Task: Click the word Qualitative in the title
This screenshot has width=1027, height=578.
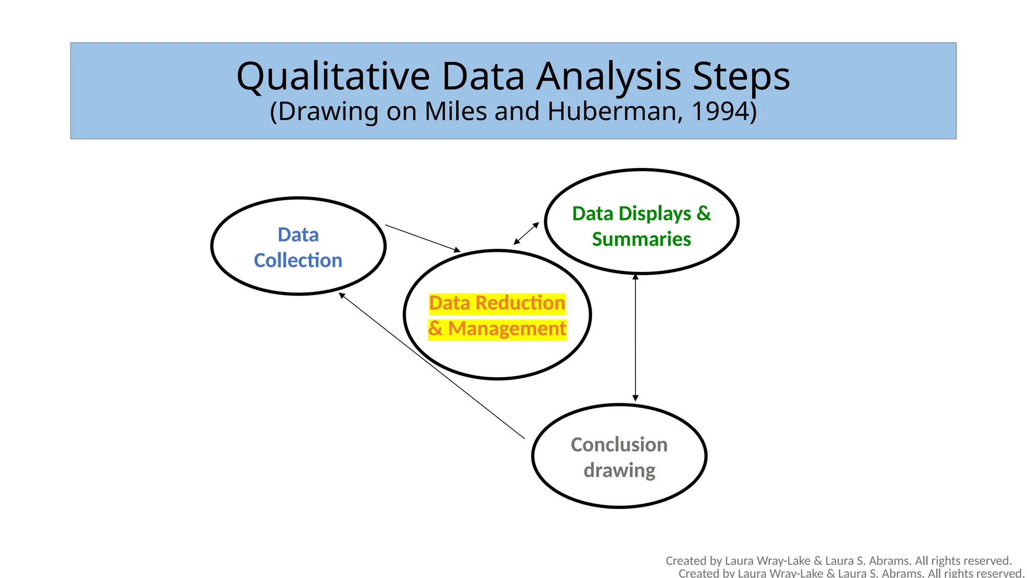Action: pyautogui.click(x=333, y=76)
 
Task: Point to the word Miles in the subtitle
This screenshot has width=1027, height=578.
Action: pyautogui.click(x=455, y=111)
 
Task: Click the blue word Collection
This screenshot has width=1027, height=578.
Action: pyautogui.click(x=298, y=260)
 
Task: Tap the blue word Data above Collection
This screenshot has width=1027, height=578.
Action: pyautogui.click(x=298, y=235)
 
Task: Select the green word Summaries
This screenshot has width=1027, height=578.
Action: pyautogui.click(x=641, y=239)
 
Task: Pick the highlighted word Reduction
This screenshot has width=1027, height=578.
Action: pyautogui.click(x=520, y=303)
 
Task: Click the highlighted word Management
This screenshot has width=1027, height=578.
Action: pyautogui.click(x=507, y=329)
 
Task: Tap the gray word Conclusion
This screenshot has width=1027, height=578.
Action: pyautogui.click(x=619, y=445)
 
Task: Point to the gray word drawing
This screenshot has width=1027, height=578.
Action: pyautogui.click(x=619, y=471)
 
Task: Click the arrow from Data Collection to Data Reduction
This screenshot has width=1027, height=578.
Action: pyautogui.click(x=422, y=238)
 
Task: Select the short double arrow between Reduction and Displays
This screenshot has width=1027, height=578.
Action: pyautogui.click(x=526, y=234)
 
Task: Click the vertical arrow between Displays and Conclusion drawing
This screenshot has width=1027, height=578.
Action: pyautogui.click(x=635, y=337)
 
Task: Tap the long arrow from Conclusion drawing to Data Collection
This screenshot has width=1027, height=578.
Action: pyautogui.click(x=431, y=366)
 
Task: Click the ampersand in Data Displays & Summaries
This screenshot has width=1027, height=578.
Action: pyautogui.click(x=704, y=214)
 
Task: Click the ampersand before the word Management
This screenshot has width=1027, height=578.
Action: pyautogui.click(x=435, y=329)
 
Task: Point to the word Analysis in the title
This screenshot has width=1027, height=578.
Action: pyautogui.click(x=609, y=76)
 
